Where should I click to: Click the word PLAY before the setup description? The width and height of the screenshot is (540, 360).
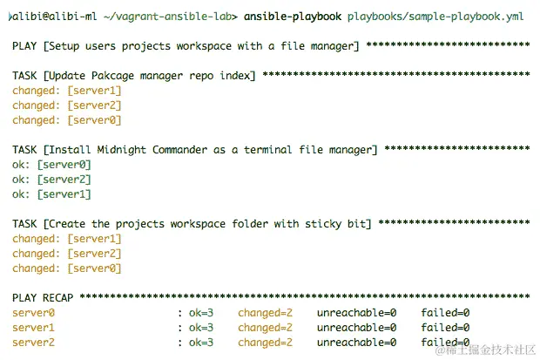[x=26, y=46]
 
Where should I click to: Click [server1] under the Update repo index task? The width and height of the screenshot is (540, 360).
[x=94, y=91]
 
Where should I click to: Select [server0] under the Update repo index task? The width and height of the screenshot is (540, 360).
[x=94, y=120]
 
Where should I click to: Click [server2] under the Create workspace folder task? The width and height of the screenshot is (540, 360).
[x=94, y=254]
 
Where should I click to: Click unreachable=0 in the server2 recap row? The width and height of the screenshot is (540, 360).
[x=356, y=342]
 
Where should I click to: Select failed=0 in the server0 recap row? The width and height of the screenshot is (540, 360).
[x=445, y=312]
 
